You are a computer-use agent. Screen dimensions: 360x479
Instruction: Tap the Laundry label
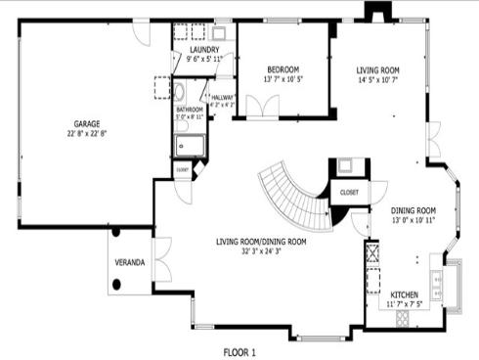coord(205,49)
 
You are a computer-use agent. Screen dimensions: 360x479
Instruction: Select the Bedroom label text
coord(283,68)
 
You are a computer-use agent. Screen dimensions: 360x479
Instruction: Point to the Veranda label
coord(131,263)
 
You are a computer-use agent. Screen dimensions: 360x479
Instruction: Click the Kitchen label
coord(406,294)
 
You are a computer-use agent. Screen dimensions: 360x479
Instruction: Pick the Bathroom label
coord(190,109)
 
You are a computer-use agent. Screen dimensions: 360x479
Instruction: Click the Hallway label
coord(222,97)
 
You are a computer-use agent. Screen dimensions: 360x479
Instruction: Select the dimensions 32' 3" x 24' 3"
coord(261,251)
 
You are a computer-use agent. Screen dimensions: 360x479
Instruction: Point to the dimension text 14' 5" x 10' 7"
coord(377,79)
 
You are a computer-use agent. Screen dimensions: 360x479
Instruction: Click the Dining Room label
coord(414,210)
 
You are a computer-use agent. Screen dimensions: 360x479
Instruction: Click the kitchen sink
coord(453,281)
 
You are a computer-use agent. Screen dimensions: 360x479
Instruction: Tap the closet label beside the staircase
coord(349,193)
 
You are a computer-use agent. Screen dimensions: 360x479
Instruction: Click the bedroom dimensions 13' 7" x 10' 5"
coord(283,79)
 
